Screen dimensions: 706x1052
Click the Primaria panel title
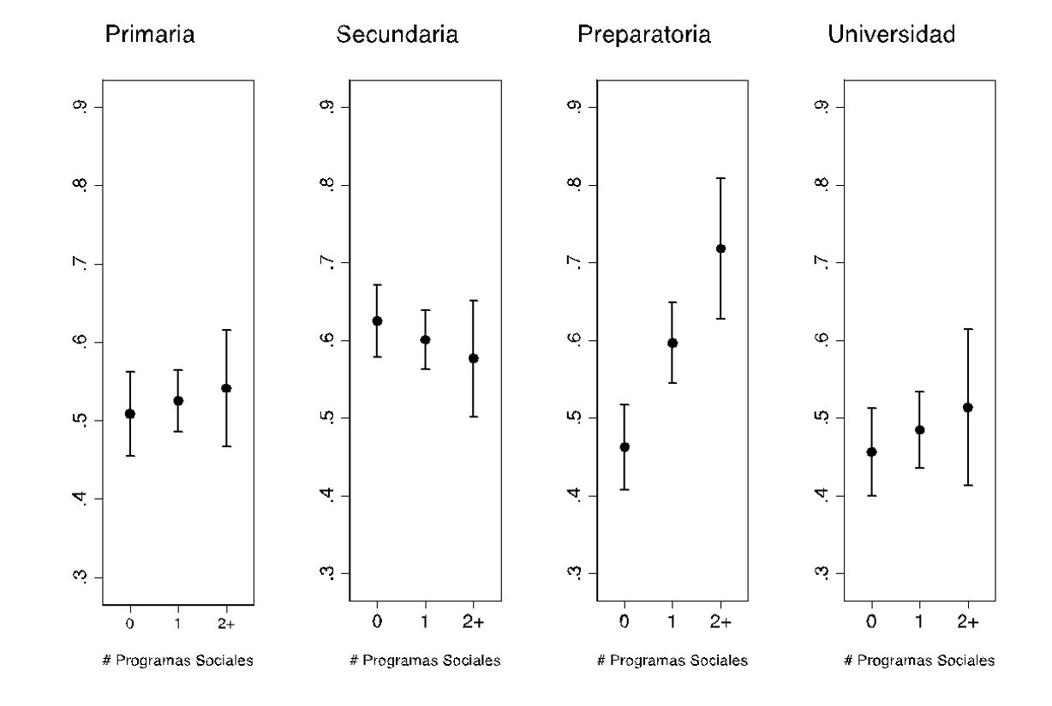[x=149, y=35]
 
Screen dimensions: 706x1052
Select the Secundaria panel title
[x=397, y=35]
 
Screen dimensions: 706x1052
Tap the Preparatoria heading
[x=643, y=35]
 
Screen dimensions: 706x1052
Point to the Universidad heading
[x=891, y=35]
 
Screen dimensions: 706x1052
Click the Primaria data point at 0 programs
[x=129, y=414]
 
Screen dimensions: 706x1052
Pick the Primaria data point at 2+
[x=226, y=388]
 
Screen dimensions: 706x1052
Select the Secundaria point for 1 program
[x=425, y=339]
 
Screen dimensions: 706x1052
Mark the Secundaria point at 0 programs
[x=377, y=320]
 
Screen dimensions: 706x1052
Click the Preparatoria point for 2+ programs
[x=720, y=248]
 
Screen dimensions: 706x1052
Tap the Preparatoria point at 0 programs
[x=625, y=446]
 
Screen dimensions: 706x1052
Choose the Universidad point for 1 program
[x=920, y=429]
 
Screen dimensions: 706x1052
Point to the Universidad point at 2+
[x=968, y=407]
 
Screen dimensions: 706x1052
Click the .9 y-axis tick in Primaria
[x=80, y=107]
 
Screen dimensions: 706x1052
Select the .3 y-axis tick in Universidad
[x=822, y=573]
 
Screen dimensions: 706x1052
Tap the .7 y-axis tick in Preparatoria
[x=575, y=262]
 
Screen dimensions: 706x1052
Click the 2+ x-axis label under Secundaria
[x=473, y=622]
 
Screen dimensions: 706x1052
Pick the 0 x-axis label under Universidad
[x=871, y=622]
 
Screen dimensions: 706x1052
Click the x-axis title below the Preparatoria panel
[x=672, y=661]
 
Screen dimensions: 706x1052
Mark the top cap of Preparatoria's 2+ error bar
[x=720, y=178]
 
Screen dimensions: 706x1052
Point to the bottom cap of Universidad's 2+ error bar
[x=968, y=485]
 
